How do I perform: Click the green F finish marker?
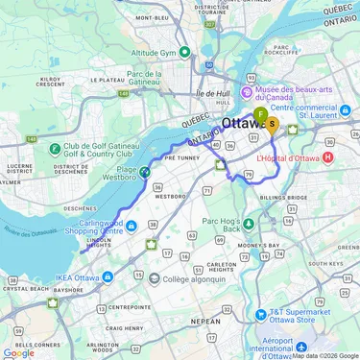coord(260,115)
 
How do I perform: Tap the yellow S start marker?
coord(272,123)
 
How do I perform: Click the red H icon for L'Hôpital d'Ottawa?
coord(329,156)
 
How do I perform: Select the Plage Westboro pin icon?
coord(144,173)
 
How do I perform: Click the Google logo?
coord(18,352)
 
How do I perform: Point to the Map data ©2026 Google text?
coord(324,355)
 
